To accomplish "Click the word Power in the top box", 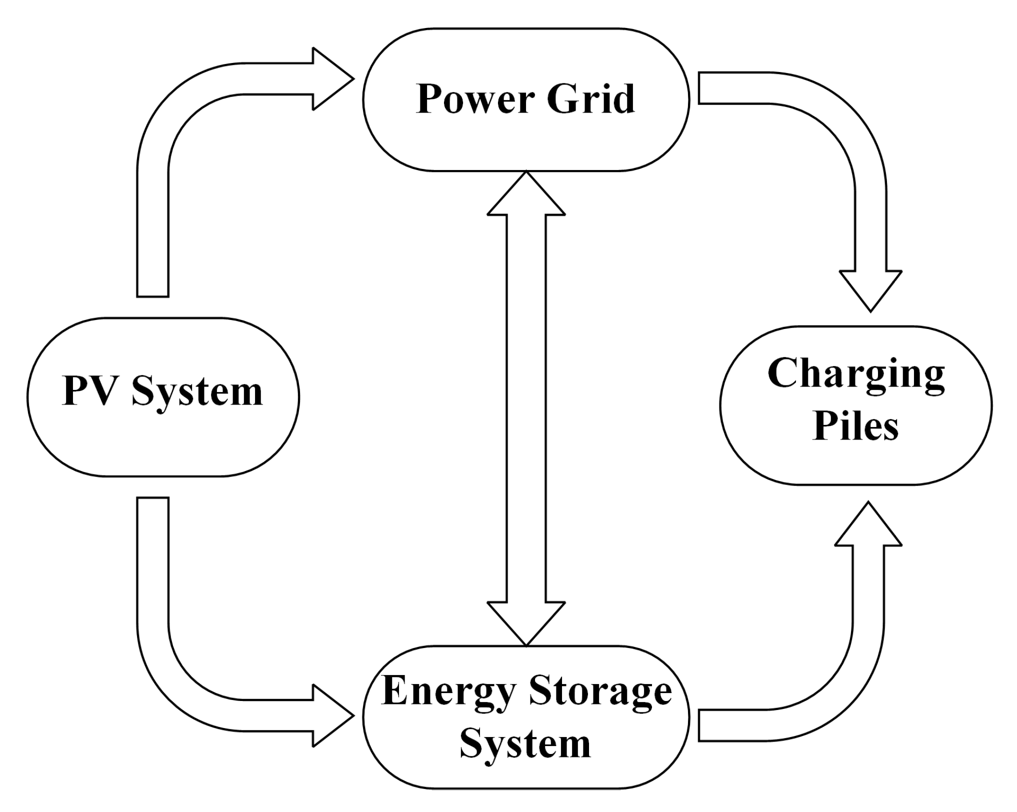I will pos(475,99).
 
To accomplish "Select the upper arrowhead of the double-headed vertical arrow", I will pos(526,197).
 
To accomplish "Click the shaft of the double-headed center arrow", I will pos(526,410).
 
